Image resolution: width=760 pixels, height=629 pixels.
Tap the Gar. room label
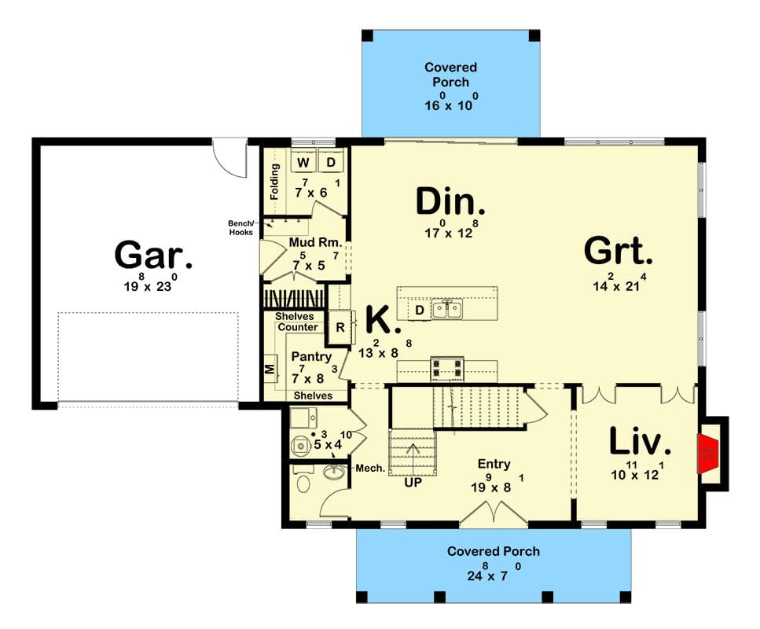point(153,255)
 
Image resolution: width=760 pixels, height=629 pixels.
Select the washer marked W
point(303,163)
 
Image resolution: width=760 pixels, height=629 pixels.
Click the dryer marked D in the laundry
point(330,163)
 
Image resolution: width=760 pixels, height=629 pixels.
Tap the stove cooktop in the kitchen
point(446,367)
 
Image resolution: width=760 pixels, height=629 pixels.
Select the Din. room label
point(450,203)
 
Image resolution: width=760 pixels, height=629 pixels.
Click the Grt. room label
point(619,252)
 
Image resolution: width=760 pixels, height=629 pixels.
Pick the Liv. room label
point(640,443)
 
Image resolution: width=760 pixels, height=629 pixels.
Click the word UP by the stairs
point(413,483)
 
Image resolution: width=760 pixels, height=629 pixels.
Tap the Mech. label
point(369,468)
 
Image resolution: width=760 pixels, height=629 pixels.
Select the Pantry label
point(311,356)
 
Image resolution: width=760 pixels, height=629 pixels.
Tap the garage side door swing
point(229,156)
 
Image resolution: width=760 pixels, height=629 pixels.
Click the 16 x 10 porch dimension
point(450,105)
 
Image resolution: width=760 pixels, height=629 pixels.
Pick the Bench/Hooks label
point(240,226)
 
